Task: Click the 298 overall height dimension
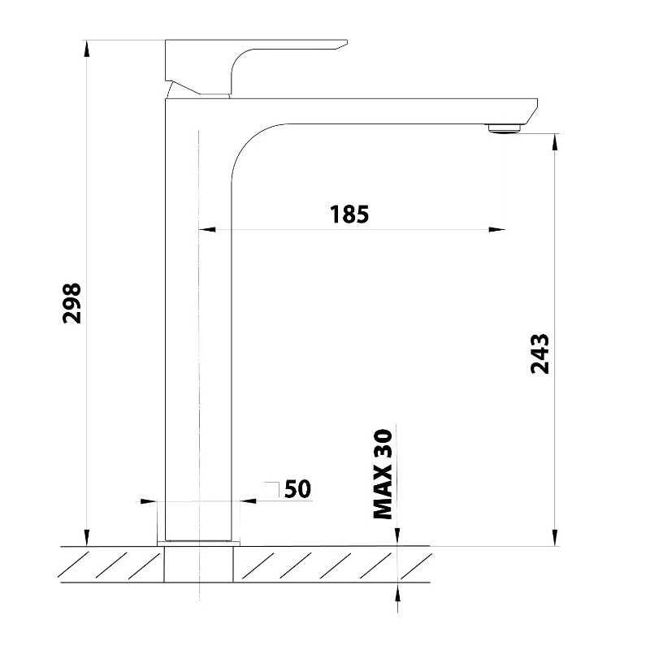(71, 303)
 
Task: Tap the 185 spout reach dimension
(349, 214)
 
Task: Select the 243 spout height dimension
(539, 353)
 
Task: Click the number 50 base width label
(297, 489)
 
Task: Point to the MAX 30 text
(383, 474)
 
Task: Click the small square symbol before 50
(272, 490)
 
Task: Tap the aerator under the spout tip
(505, 128)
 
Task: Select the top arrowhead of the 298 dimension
(86, 49)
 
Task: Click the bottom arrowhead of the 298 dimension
(86, 537)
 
